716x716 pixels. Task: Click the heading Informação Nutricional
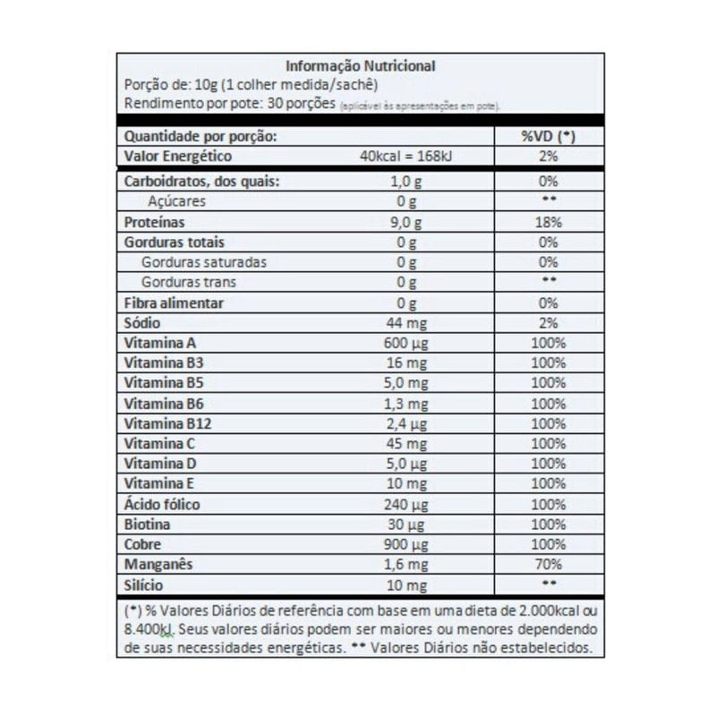360,65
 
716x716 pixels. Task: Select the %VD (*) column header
547,137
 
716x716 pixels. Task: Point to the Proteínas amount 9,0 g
407,222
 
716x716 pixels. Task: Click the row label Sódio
142,322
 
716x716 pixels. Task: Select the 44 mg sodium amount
407,322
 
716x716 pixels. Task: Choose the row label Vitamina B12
161,423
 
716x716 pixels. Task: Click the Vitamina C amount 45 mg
407,444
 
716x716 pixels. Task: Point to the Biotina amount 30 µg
407,524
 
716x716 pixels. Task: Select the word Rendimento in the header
154,104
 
